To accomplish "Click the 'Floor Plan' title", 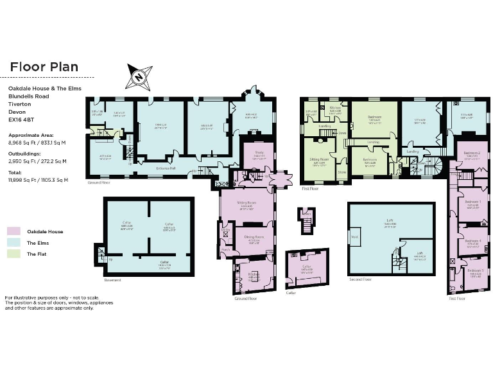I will click(44, 67).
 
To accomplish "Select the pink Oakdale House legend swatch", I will click(15, 231).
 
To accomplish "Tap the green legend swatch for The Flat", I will click(15, 254).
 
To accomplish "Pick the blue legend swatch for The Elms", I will click(15, 243).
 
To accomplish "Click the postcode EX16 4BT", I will click(21, 119).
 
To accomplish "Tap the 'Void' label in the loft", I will click(355, 236).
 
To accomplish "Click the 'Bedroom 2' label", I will click(472, 152).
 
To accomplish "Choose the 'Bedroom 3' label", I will click(475, 270).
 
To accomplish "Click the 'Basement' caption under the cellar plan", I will click(112, 280).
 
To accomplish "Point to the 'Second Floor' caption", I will click(360, 279).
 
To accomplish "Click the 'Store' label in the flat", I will click(342, 172).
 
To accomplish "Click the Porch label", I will click(279, 179).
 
